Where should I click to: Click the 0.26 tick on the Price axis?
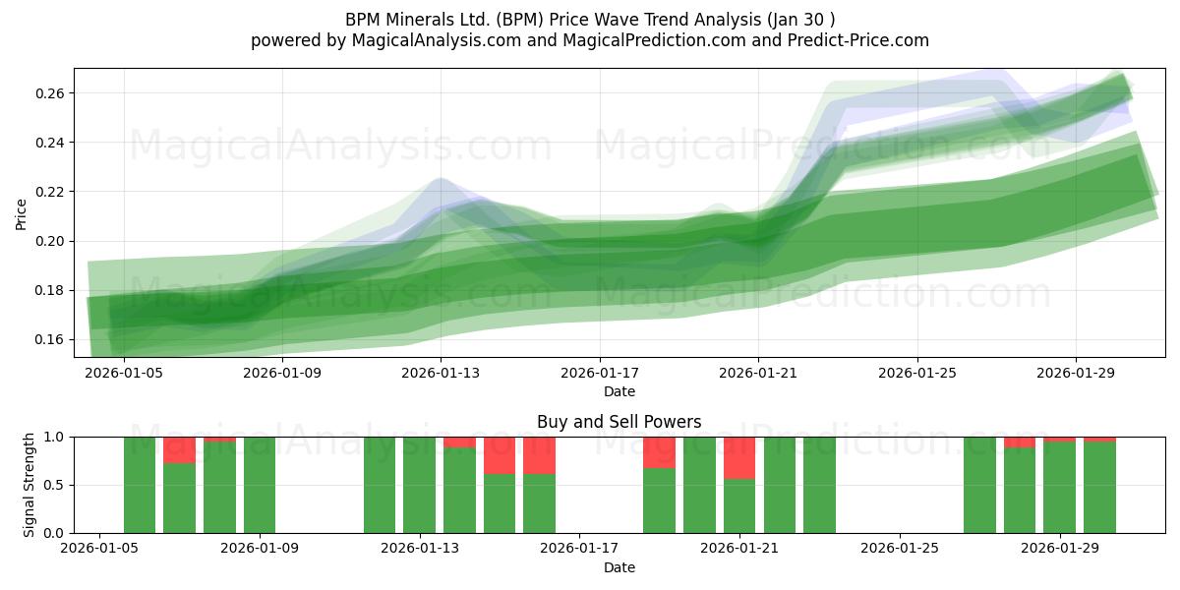click(49, 93)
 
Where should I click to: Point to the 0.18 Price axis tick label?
click(49, 291)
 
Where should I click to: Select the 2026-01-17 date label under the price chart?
click(600, 373)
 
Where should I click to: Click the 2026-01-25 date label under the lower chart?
click(900, 549)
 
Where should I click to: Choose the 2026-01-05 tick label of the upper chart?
click(124, 373)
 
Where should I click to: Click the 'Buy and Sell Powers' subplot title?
click(619, 422)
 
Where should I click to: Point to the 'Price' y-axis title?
click(21, 215)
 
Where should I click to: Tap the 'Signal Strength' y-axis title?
click(29, 485)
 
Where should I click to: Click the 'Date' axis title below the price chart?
click(619, 391)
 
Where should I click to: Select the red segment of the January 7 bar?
click(179, 450)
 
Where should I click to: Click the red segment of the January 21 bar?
click(739, 458)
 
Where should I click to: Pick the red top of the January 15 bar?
click(500, 455)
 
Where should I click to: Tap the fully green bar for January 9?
click(260, 485)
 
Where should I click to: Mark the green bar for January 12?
click(380, 485)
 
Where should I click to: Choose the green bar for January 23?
click(819, 485)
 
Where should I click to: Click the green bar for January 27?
click(979, 485)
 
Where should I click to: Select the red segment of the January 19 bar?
click(659, 452)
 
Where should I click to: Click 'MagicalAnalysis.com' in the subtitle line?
click(437, 40)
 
